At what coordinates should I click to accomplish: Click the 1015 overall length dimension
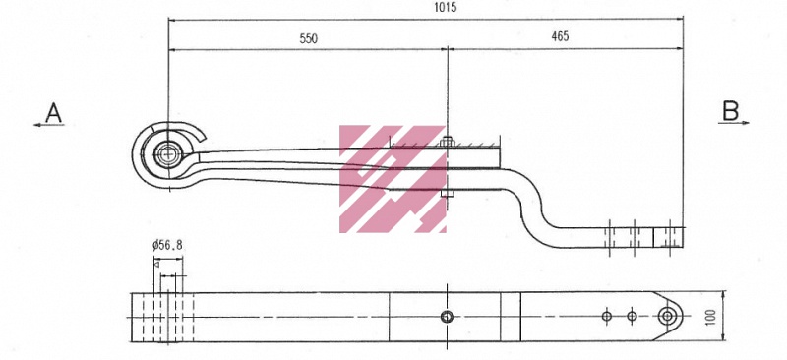point(444,7)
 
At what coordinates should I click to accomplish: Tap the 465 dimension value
point(559,36)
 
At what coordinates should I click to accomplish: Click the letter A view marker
point(53,112)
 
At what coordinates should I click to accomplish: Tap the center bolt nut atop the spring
point(448,142)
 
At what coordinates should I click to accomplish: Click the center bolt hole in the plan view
point(448,316)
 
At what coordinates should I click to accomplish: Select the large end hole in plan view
point(670,316)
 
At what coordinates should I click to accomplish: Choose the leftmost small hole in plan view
point(607,316)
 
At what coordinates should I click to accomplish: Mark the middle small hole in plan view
point(632,316)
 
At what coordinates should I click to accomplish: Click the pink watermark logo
point(392,177)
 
